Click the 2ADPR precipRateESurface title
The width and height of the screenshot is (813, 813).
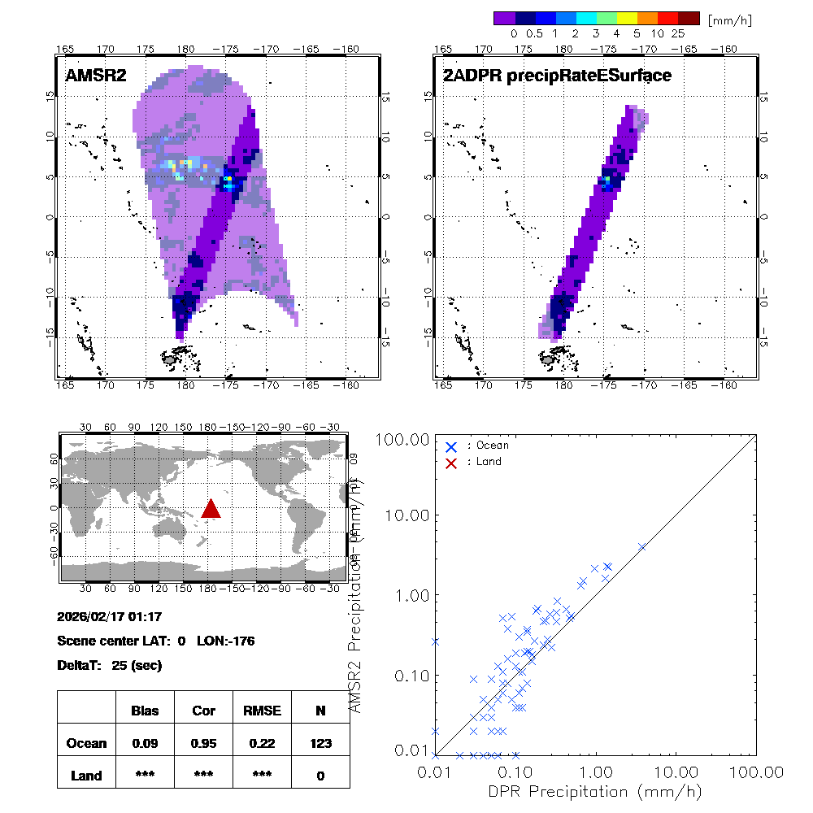coord(557,76)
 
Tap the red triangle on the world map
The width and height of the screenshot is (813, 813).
coord(211,509)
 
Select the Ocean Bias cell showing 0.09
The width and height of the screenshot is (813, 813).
coord(146,743)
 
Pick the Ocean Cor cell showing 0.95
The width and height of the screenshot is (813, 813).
coord(203,743)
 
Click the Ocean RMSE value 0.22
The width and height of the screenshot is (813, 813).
coord(262,743)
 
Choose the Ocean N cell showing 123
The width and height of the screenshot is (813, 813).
coord(320,743)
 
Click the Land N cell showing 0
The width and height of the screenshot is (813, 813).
coord(320,776)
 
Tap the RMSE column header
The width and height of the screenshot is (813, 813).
coord(262,711)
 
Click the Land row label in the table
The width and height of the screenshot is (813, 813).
coord(86,776)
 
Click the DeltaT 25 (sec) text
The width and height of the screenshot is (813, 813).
coord(110,666)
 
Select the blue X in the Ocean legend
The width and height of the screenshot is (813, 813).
coord(452,446)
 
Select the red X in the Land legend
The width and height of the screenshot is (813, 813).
coord(452,462)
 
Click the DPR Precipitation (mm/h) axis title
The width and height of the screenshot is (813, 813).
coord(595,791)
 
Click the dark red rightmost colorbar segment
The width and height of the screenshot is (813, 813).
coord(689,18)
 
